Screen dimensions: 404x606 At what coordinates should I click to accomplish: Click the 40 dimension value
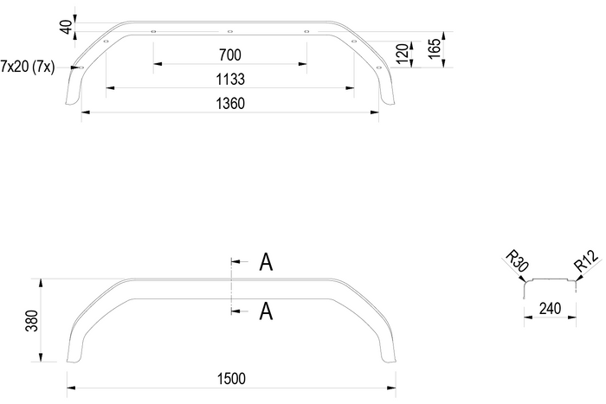click(65, 26)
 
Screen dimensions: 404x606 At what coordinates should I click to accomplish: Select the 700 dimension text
click(230, 55)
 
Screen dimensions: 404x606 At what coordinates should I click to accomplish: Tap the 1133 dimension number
click(230, 79)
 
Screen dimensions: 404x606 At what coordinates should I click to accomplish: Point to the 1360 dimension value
click(230, 103)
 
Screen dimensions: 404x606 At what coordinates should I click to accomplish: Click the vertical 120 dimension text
click(402, 55)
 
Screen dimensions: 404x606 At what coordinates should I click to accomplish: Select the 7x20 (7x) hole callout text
click(28, 67)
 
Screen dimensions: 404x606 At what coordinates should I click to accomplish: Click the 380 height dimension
click(31, 322)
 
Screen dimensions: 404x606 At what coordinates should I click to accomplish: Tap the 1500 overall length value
click(230, 379)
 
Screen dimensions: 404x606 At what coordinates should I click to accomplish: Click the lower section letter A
click(267, 311)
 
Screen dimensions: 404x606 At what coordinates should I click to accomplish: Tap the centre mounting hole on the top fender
click(229, 31)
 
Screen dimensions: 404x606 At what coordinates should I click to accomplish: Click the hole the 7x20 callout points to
click(81, 67)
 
